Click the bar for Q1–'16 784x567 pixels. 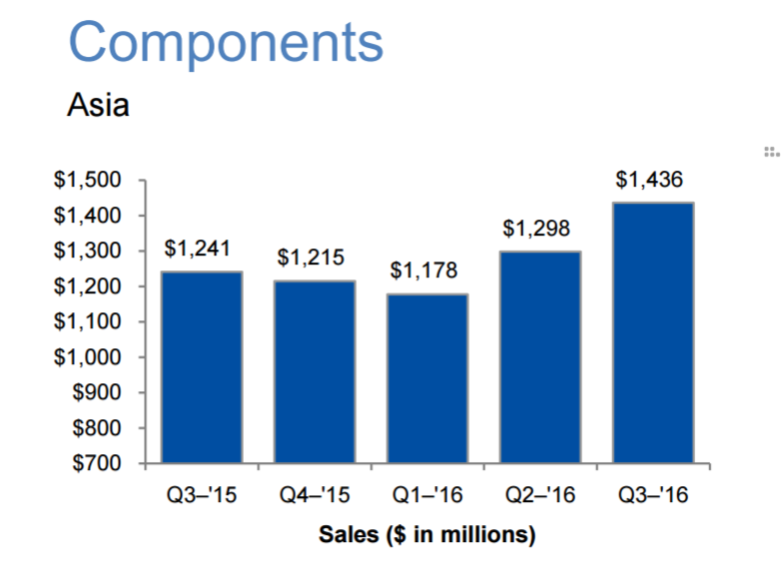tap(427, 378)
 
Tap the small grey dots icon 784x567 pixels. tap(770, 152)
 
